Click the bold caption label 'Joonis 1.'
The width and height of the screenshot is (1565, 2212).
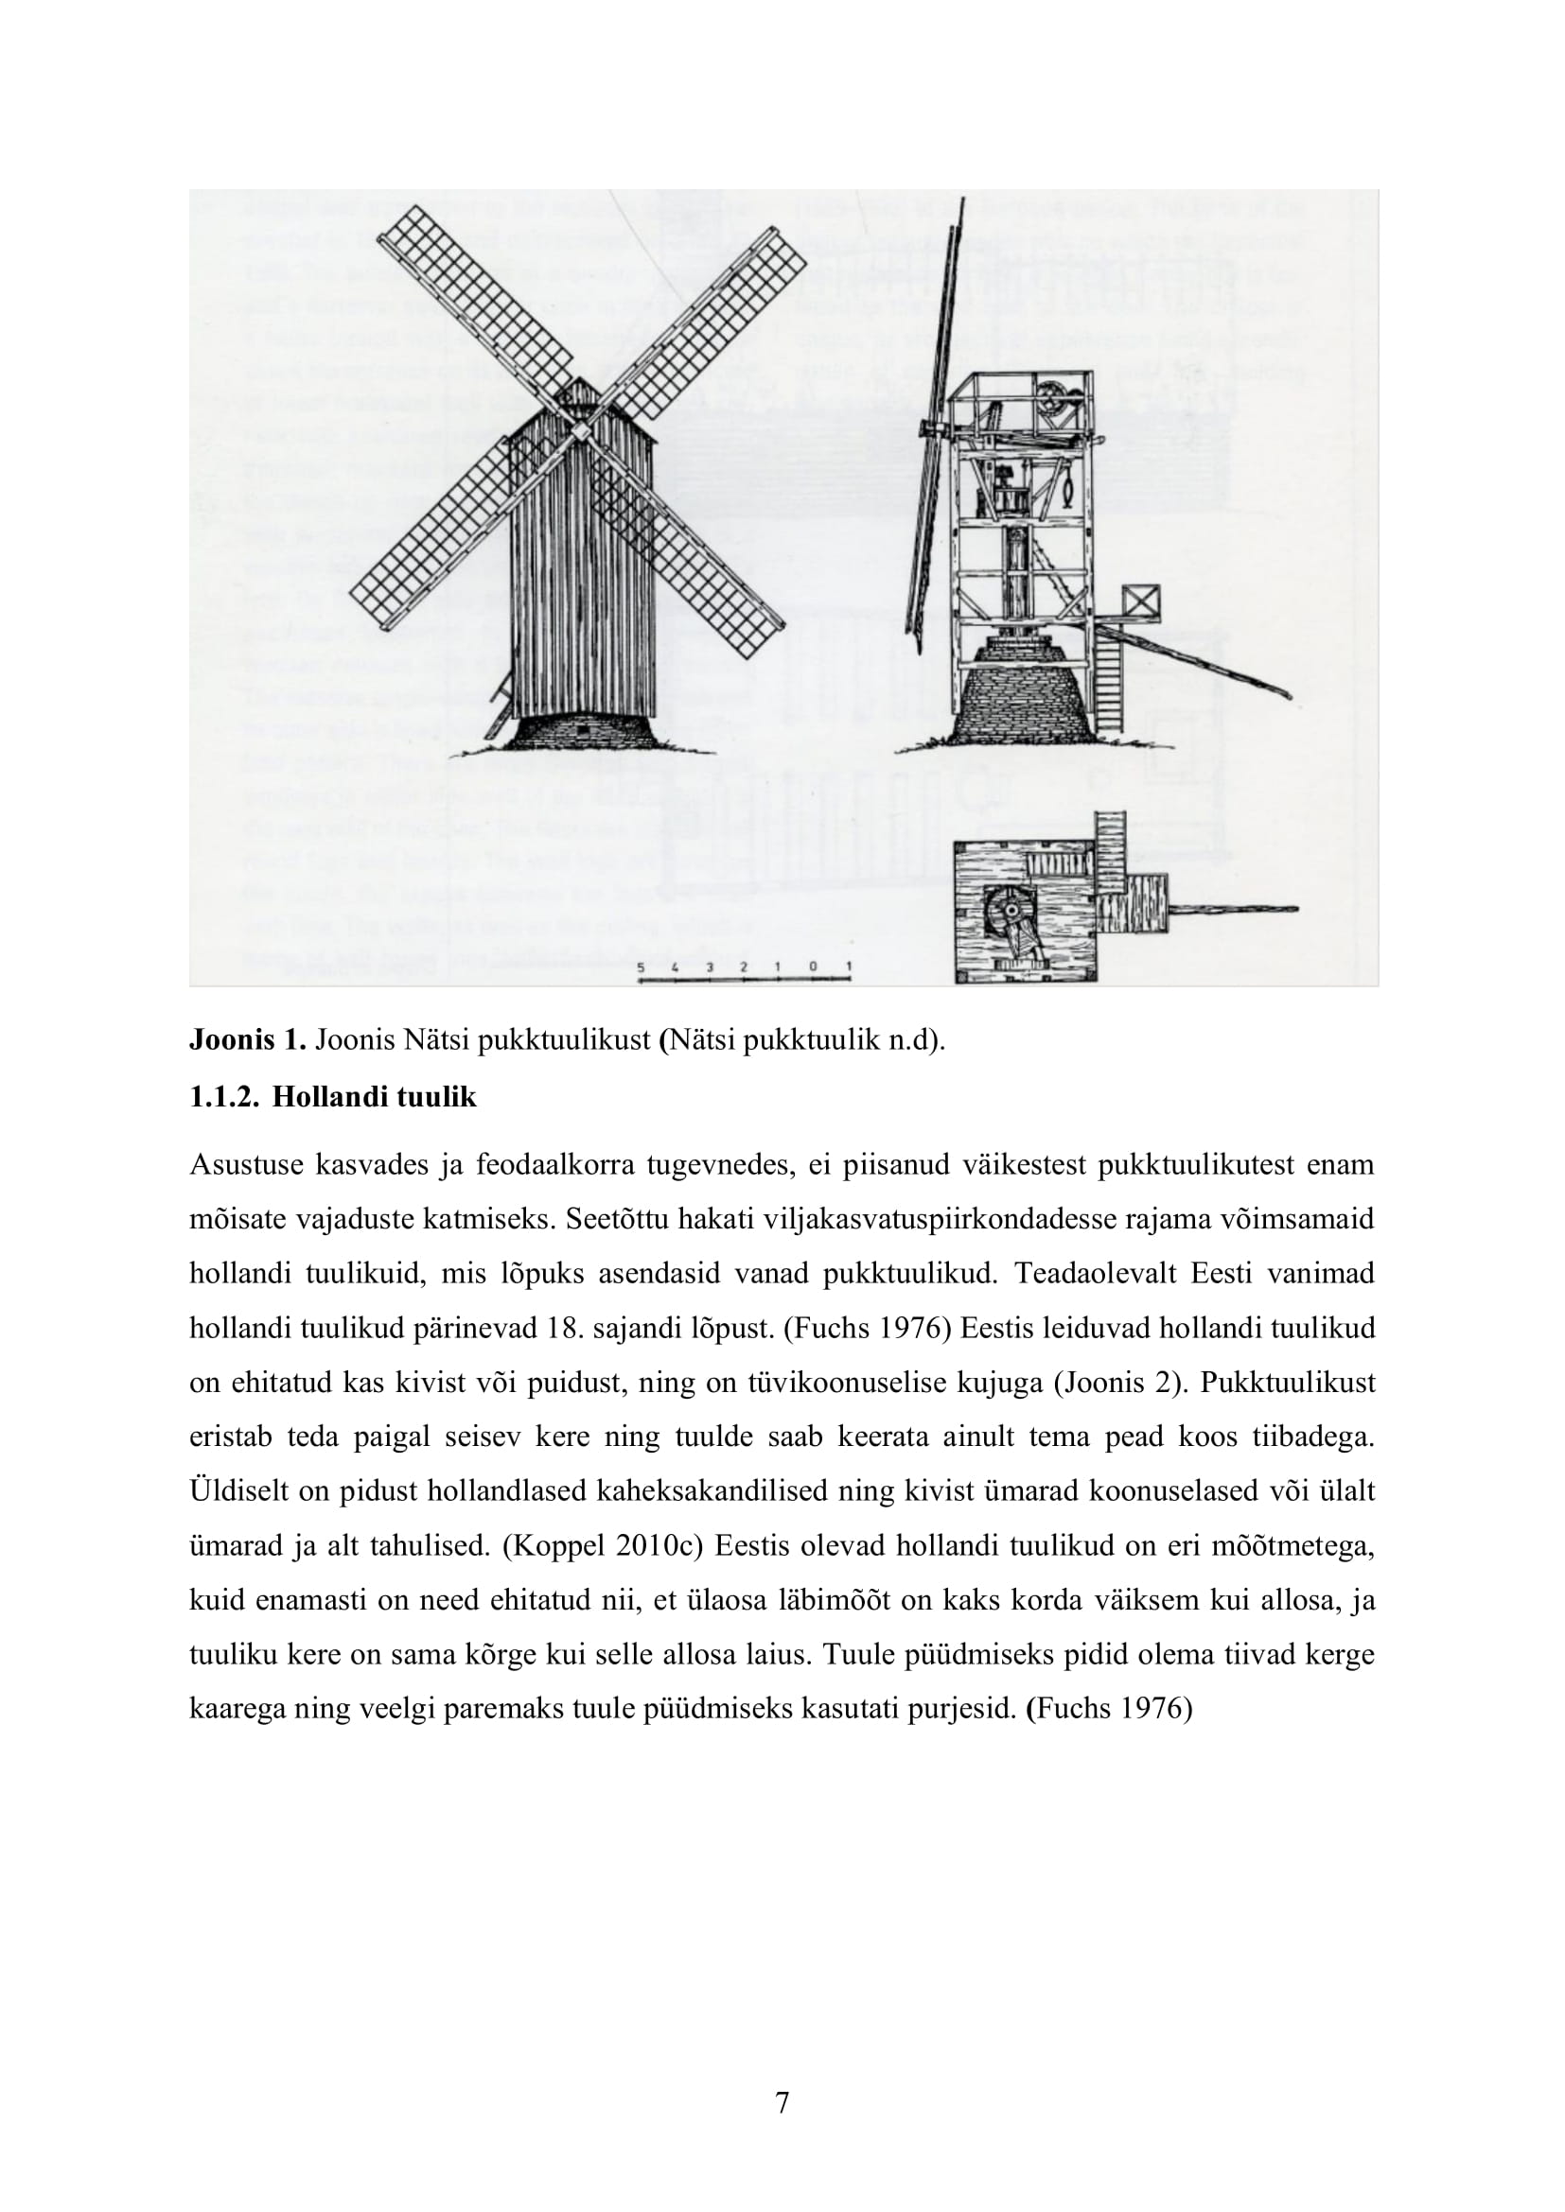pos(247,1041)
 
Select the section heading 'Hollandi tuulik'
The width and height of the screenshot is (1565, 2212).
pos(374,1097)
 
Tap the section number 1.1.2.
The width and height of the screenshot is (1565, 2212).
pos(223,1097)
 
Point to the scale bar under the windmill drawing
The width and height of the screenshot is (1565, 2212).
pos(744,980)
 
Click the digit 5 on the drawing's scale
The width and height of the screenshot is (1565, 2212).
pos(641,966)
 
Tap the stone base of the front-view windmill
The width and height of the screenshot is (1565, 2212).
pos(581,731)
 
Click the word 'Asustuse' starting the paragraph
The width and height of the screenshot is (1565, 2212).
pos(246,1165)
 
